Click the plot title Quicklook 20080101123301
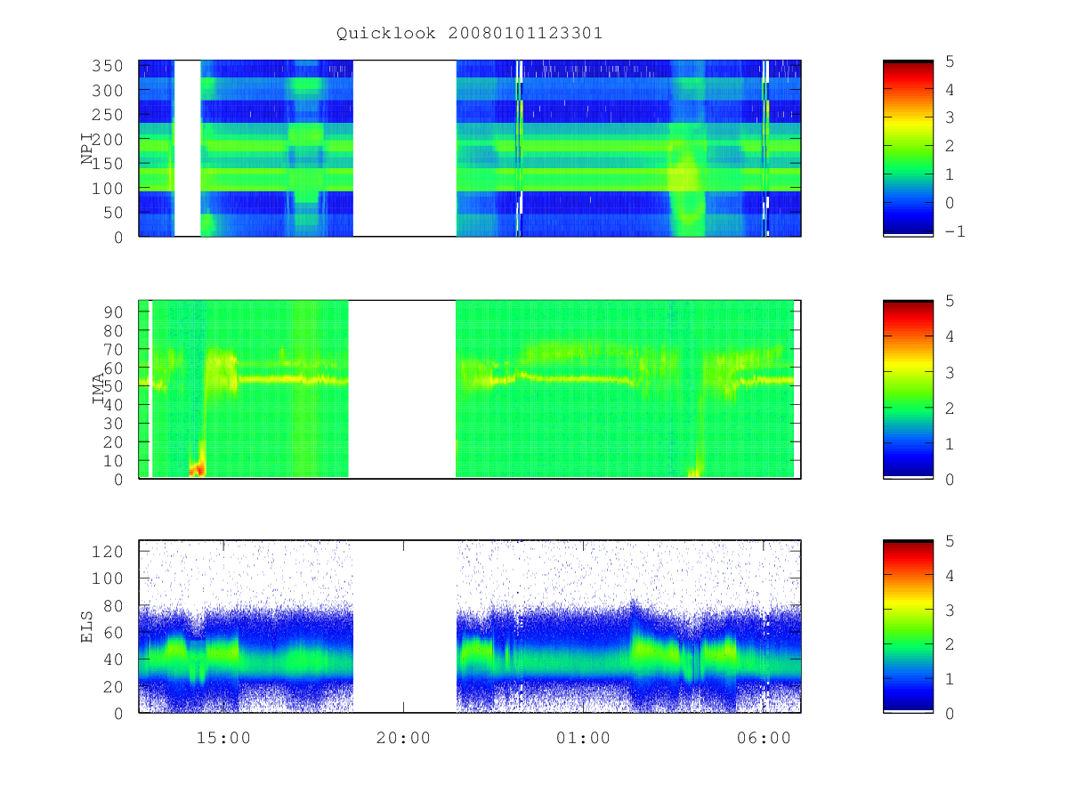click(469, 33)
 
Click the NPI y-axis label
click(86, 149)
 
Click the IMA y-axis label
click(98, 388)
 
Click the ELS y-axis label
click(86, 627)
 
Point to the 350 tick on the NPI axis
click(107, 66)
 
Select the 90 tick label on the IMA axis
click(113, 311)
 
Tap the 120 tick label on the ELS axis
click(107, 552)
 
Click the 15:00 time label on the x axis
click(223, 737)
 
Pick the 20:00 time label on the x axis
click(403, 737)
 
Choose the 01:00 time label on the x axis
click(583, 737)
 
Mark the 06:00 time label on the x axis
click(764, 737)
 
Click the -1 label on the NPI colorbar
click(955, 231)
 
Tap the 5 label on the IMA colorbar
click(950, 301)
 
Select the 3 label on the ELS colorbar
click(950, 610)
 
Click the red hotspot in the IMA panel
click(197, 469)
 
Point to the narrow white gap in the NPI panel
click(187, 149)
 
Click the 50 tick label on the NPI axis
click(113, 213)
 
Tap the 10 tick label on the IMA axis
click(113, 460)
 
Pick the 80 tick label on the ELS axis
click(113, 606)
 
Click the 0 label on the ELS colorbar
click(950, 714)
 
